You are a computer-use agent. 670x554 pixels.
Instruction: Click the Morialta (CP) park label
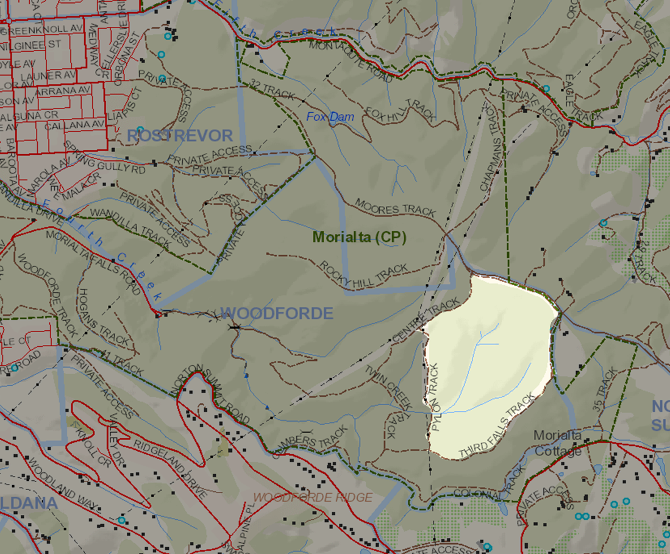pos(359,237)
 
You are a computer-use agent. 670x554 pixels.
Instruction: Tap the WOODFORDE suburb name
pos(277,313)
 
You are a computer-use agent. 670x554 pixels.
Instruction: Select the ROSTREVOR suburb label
pos(180,135)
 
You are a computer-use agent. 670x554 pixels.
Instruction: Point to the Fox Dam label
pos(330,116)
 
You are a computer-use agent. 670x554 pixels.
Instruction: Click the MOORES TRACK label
pos(395,207)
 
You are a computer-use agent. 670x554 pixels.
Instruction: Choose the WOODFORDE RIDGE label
pos(312,497)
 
